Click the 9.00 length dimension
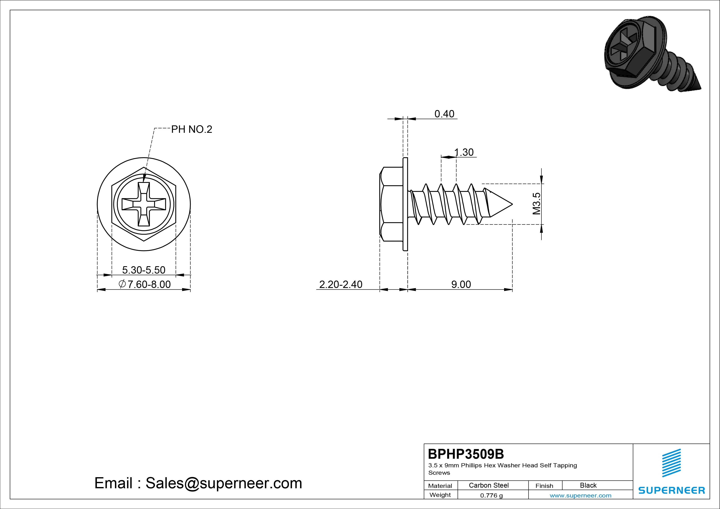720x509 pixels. point(461,284)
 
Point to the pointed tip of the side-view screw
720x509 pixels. point(512,204)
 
